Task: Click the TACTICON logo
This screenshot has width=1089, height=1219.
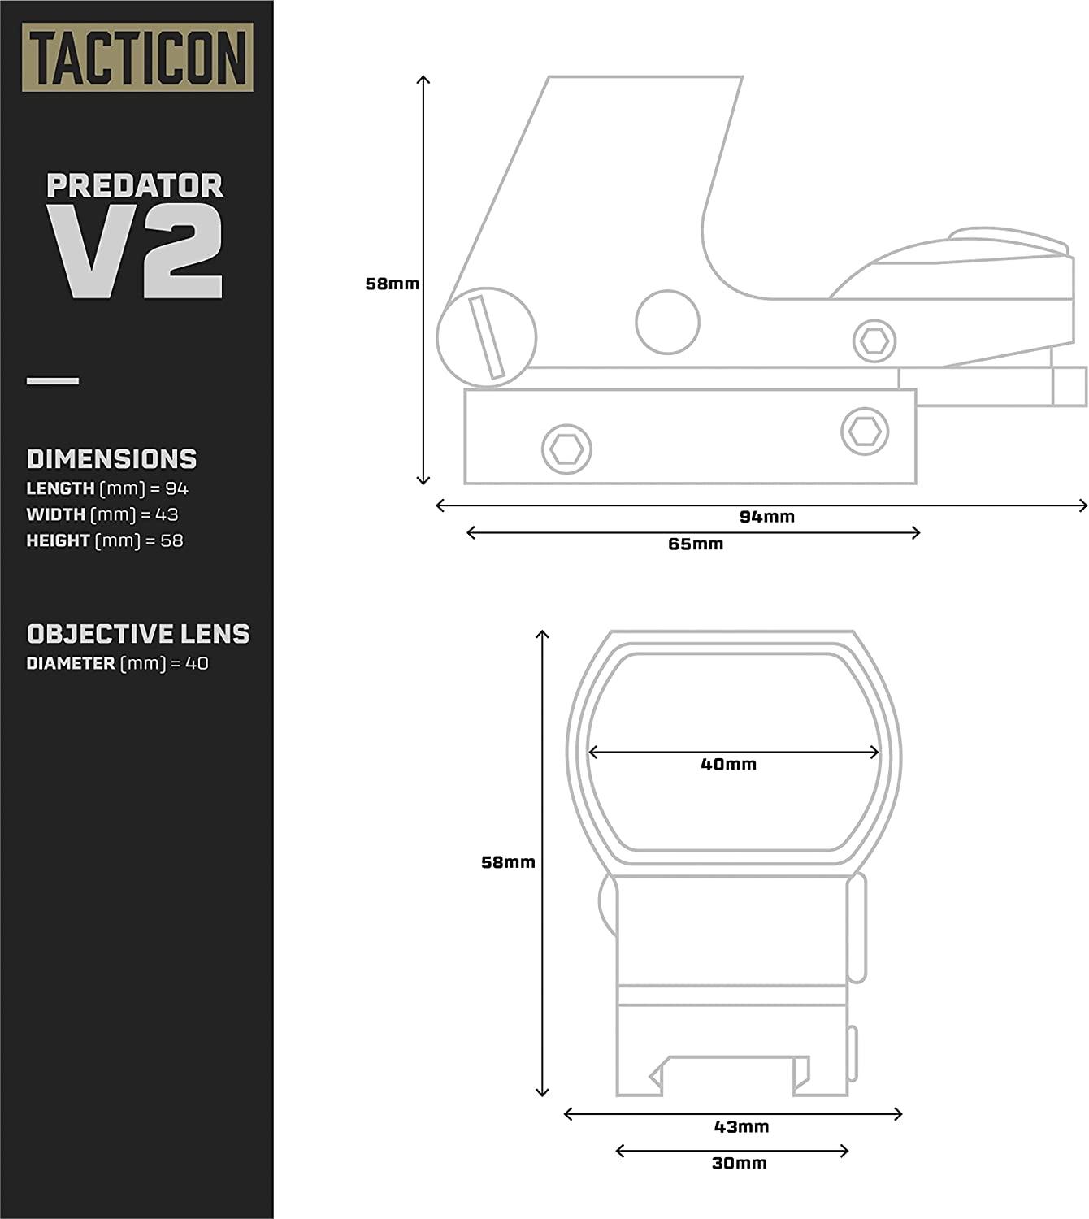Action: pyautogui.click(x=137, y=57)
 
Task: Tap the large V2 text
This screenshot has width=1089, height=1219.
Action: pyautogui.click(x=135, y=252)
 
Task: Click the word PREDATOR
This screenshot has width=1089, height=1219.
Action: pyautogui.click(x=135, y=185)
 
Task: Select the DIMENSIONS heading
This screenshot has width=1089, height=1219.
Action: pyautogui.click(x=111, y=459)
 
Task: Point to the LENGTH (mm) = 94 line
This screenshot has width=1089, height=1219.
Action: pyautogui.click(x=107, y=488)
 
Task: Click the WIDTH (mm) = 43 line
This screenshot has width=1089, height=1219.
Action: pyautogui.click(x=102, y=514)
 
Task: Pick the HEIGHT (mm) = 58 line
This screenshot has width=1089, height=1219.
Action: pyautogui.click(x=105, y=540)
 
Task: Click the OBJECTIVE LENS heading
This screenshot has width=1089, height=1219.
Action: pyautogui.click(x=138, y=634)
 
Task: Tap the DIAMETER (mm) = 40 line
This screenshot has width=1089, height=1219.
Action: pyautogui.click(x=117, y=663)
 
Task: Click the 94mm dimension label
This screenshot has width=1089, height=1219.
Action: pyautogui.click(x=767, y=517)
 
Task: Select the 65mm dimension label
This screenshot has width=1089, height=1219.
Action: pyautogui.click(x=696, y=544)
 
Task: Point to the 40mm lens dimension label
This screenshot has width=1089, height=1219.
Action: pyautogui.click(x=728, y=765)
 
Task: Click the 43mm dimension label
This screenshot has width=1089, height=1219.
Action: pyautogui.click(x=741, y=1127)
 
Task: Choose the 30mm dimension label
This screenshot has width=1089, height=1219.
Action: pyautogui.click(x=739, y=1164)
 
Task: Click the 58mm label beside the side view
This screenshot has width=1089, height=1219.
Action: pyautogui.click(x=392, y=284)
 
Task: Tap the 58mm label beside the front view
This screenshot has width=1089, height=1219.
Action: pyautogui.click(x=508, y=862)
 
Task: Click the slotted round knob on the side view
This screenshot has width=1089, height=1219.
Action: pyautogui.click(x=487, y=337)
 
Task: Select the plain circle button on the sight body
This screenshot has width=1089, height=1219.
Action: pyautogui.click(x=667, y=322)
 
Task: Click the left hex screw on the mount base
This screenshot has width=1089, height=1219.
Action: pyautogui.click(x=566, y=449)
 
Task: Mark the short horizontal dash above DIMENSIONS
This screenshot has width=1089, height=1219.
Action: pyautogui.click(x=53, y=380)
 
